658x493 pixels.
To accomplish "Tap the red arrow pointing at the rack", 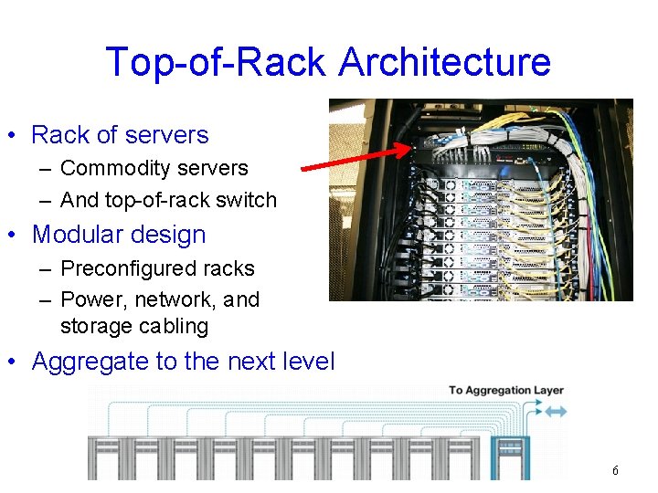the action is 357,156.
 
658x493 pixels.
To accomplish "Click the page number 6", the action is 615,470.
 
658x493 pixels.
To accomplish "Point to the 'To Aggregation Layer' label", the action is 505,391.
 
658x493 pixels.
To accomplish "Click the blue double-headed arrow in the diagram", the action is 555,412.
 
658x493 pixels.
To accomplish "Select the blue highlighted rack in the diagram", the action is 508,456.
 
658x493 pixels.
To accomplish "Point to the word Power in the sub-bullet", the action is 88,299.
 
